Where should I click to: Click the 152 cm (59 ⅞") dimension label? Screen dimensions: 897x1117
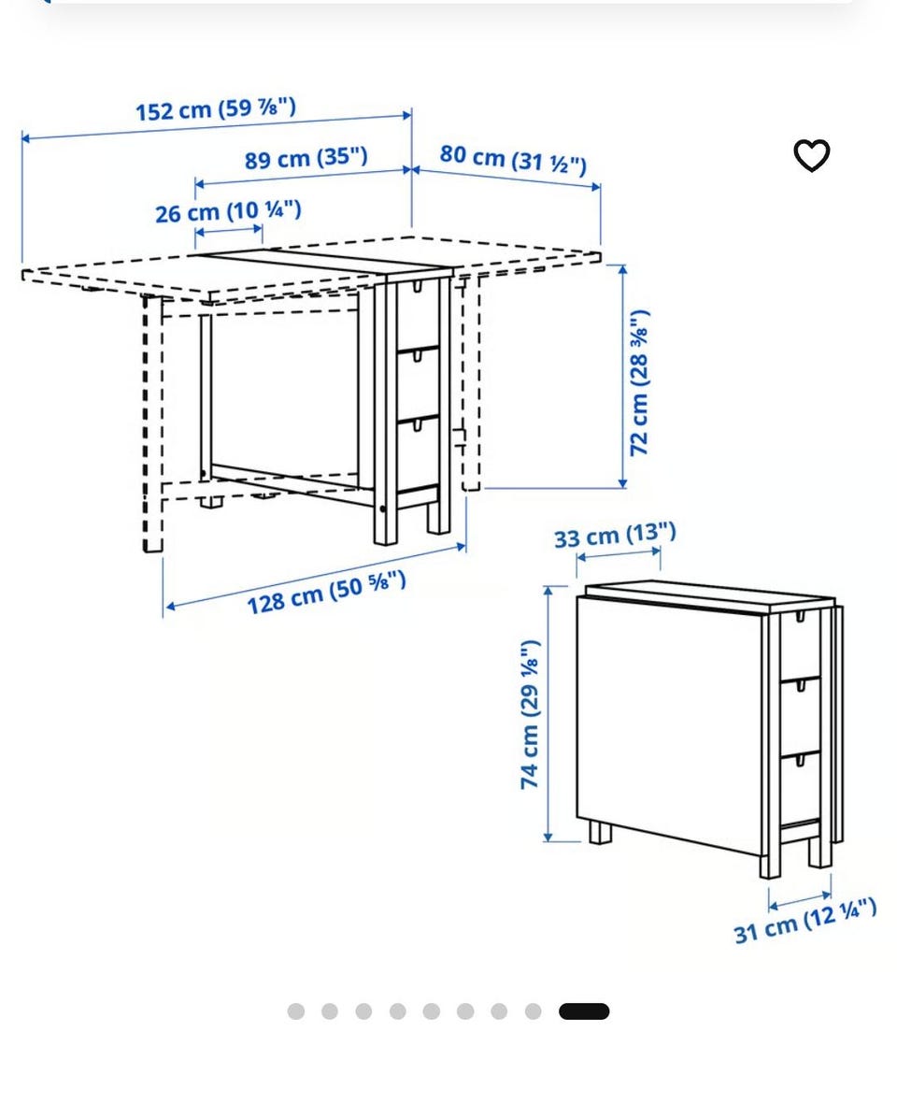click(x=216, y=109)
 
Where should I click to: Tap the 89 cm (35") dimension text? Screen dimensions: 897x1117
click(x=306, y=157)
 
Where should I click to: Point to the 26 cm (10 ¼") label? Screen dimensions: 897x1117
click(x=229, y=211)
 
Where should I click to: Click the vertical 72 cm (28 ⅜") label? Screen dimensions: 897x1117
click(x=639, y=382)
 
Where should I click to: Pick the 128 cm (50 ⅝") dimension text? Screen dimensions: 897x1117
click(x=327, y=592)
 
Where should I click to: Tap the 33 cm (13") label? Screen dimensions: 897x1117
click(x=615, y=535)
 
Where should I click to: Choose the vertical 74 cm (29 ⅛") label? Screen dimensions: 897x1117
click(x=530, y=714)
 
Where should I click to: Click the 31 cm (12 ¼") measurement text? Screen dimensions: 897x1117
click(x=805, y=921)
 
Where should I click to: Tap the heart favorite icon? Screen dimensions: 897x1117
click(x=812, y=155)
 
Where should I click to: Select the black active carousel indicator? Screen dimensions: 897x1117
click(x=584, y=1011)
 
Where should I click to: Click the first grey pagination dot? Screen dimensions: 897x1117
click(x=295, y=1011)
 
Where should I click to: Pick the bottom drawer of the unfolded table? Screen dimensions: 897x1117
click(x=417, y=453)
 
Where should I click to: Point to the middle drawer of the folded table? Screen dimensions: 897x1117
click(x=800, y=715)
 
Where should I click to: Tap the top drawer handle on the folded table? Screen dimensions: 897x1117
click(x=800, y=616)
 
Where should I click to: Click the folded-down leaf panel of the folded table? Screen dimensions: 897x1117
click(x=669, y=723)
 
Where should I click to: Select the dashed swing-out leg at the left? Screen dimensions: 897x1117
click(x=153, y=423)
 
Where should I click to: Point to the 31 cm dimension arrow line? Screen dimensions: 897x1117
click(x=800, y=901)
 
